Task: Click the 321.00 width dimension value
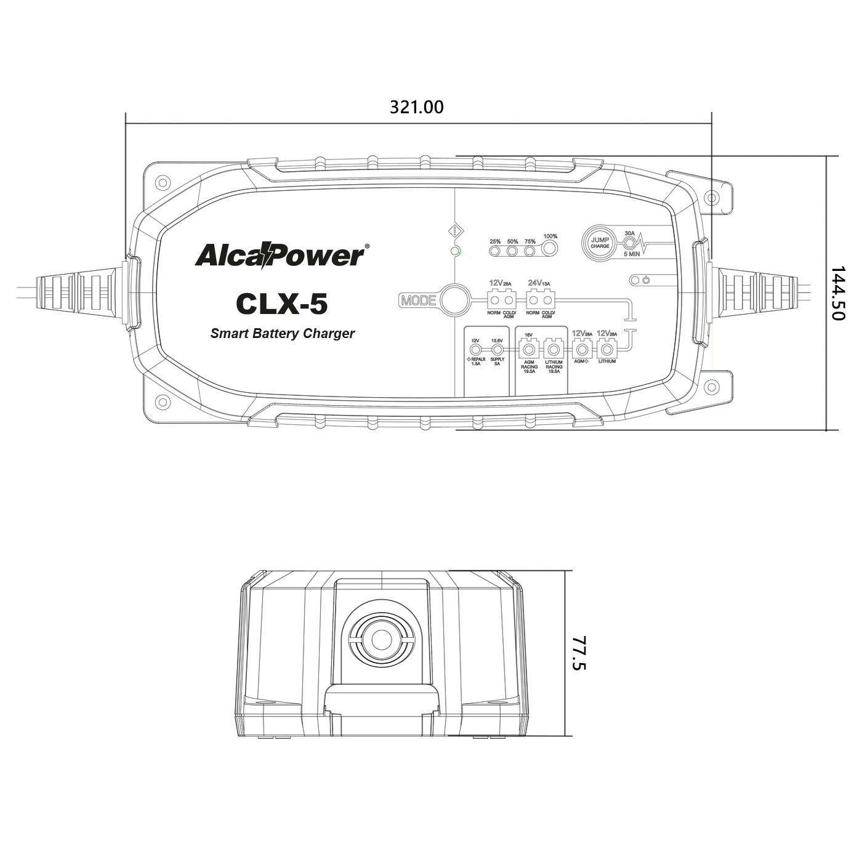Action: click(x=416, y=107)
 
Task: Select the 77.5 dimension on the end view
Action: click(x=579, y=653)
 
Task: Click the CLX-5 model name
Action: click(x=282, y=304)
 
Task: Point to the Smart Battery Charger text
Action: click(x=283, y=333)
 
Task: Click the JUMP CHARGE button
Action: click(x=600, y=243)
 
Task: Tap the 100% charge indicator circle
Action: click(x=549, y=249)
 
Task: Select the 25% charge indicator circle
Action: click(x=495, y=251)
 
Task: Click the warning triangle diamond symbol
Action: click(x=455, y=232)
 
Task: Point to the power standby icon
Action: click(x=646, y=280)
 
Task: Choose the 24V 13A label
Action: click(x=539, y=283)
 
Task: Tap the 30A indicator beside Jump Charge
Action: click(x=629, y=243)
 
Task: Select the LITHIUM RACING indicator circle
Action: click(x=554, y=350)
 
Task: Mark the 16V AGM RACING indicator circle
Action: click(x=528, y=350)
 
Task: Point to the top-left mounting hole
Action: click(x=163, y=182)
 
